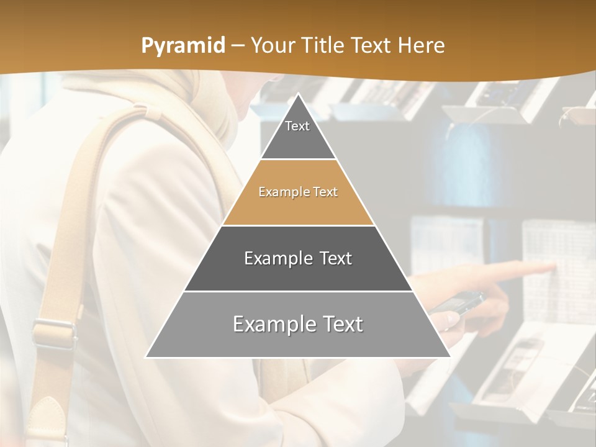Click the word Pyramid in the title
[x=183, y=46]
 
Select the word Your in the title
[x=273, y=45]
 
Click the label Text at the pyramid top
[x=297, y=126]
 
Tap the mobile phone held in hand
[x=459, y=304]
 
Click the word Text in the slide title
[x=371, y=45]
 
